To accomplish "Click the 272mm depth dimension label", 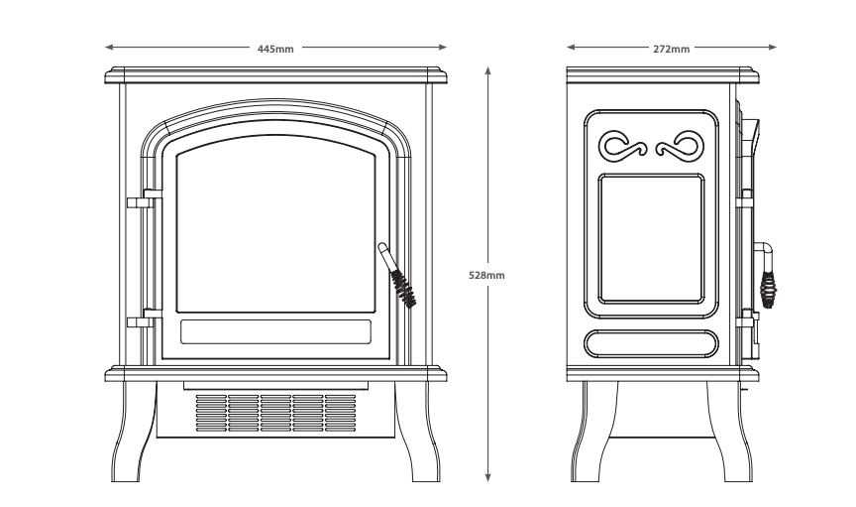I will pos(671,47).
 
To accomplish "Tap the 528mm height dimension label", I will pos(486,274).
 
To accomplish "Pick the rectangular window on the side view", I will pos(652,239).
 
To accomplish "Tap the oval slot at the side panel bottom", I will pos(652,343).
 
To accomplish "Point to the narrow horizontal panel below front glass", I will pos(275,330).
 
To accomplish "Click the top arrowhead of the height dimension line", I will pos(487,70).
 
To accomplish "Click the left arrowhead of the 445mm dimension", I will pos(109,47).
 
